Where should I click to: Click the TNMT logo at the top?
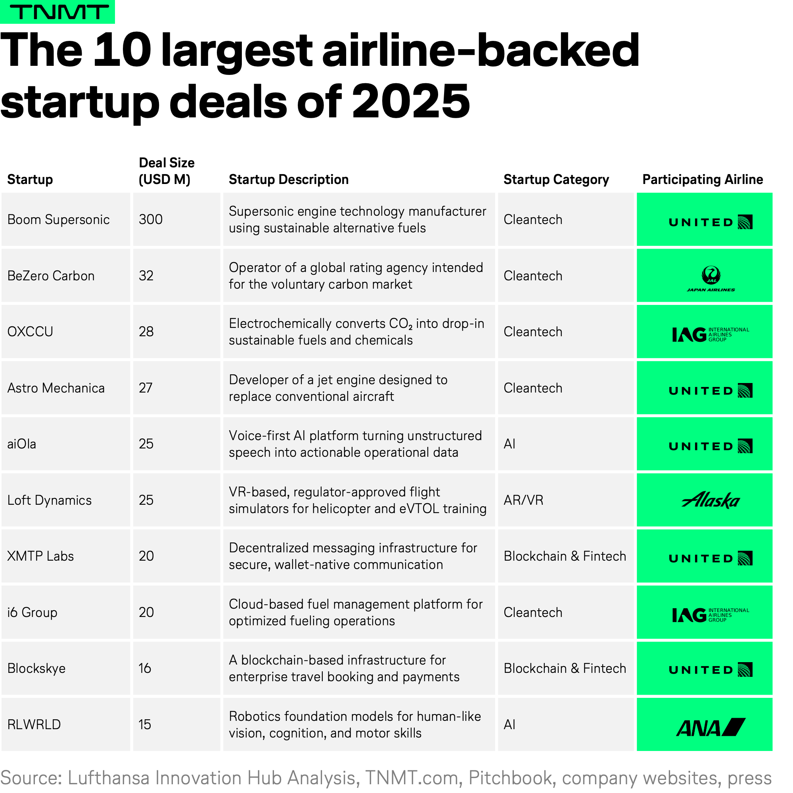[57, 12]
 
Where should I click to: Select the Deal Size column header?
[166, 171]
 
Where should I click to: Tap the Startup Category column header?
[556, 179]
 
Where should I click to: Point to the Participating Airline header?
[702, 179]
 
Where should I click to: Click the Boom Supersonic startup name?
[58, 220]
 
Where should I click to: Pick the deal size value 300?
[151, 220]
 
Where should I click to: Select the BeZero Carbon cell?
[51, 276]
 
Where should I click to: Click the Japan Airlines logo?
[711, 278]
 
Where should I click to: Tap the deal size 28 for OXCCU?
[146, 331]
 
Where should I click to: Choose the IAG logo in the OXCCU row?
[710, 335]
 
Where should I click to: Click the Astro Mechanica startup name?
[56, 388]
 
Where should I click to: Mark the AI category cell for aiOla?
[510, 444]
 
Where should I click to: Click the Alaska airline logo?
[711, 500]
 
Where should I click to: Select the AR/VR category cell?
[523, 500]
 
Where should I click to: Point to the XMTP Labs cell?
[40, 556]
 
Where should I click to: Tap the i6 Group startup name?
[33, 613]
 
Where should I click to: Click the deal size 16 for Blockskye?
[145, 668]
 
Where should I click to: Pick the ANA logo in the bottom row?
[711, 727]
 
